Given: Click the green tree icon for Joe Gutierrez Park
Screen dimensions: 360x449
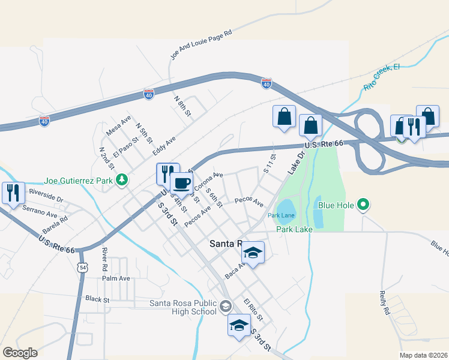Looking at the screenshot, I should [x=122, y=179].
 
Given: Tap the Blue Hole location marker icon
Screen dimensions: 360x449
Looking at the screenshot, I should [x=363, y=206].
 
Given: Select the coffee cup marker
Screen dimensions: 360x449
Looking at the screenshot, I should [x=181, y=183].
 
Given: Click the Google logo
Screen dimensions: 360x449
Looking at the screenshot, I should [x=20, y=353].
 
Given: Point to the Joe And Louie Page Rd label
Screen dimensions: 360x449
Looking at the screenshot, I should [x=201, y=46].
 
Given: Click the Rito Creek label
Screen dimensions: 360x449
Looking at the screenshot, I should [x=382, y=77].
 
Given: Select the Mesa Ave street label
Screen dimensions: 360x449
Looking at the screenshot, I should [x=118, y=125].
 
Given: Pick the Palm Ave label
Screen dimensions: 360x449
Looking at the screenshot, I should [x=116, y=278].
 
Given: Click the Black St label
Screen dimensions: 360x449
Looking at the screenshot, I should [x=97, y=298].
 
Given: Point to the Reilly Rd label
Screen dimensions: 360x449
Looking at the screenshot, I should [x=384, y=304].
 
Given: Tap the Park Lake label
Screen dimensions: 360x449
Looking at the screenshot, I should [x=294, y=229].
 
